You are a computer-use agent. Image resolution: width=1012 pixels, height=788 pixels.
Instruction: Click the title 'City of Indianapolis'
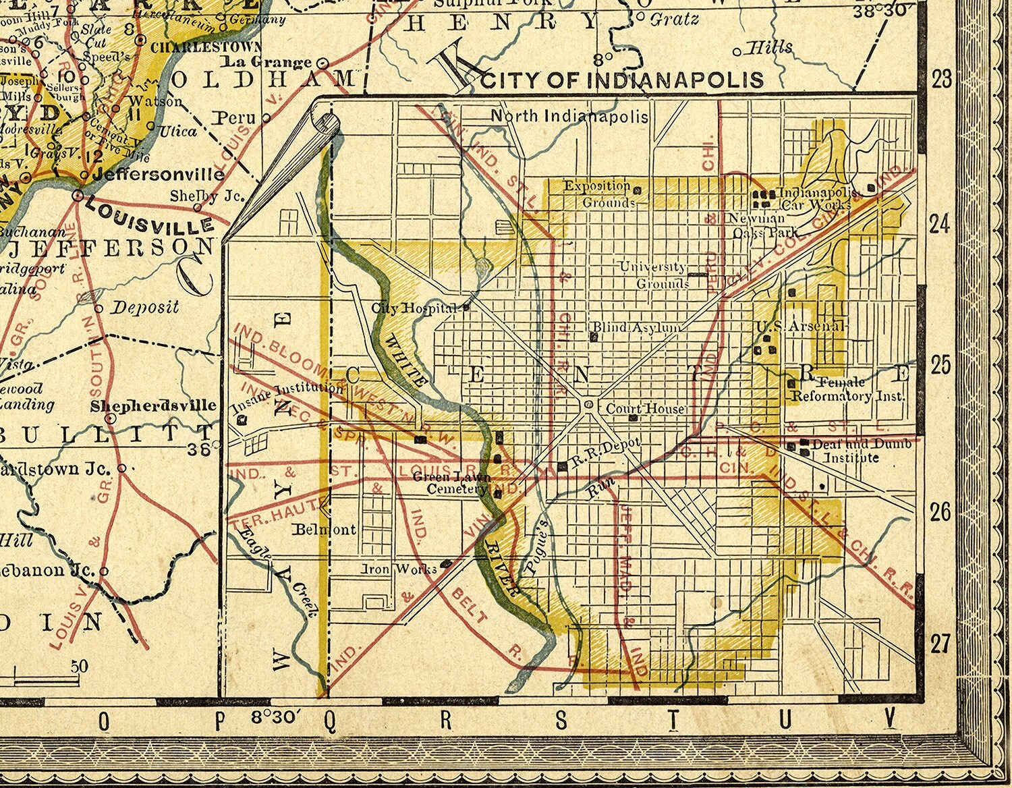click(x=623, y=80)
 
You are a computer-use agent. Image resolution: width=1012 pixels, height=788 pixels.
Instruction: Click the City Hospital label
click(x=414, y=308)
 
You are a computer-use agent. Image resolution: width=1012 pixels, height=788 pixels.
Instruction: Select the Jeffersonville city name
click(x=159, y=174)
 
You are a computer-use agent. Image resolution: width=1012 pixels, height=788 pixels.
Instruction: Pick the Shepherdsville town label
click(x=154, y=405)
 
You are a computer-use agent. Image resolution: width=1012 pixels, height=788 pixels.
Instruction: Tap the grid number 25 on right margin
click(x=940, y=366)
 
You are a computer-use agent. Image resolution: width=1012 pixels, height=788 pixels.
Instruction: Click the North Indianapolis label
click(x=569, y=116)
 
